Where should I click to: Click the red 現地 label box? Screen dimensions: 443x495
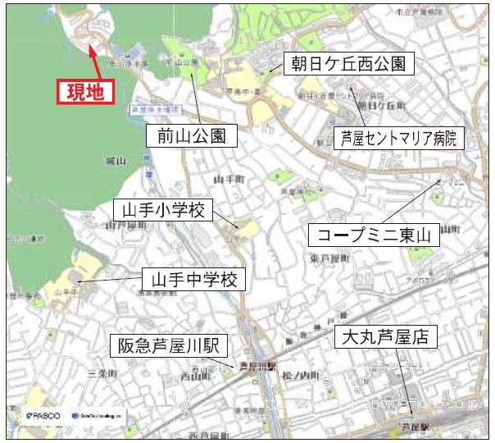[x=84, y=92]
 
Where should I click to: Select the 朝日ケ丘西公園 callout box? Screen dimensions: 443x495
[x=348, y=63]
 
